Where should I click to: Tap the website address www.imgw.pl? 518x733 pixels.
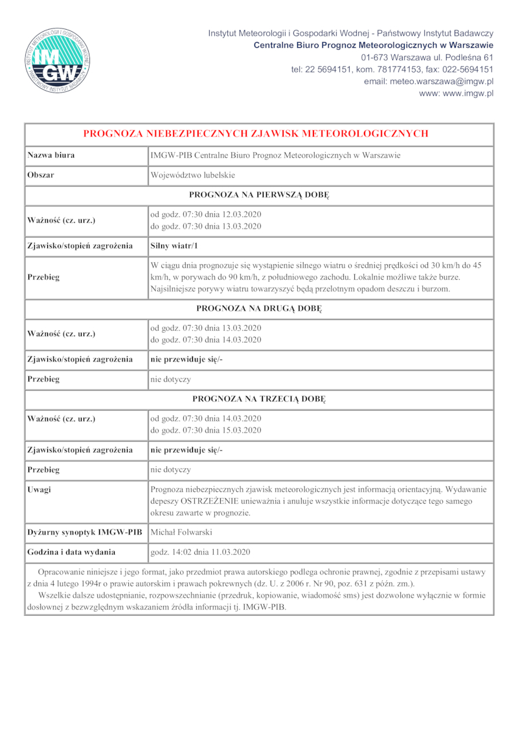click(x=456, y=93)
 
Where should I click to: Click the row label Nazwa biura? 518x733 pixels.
click(x=51, y=155)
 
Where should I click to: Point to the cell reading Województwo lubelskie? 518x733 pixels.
click(x=192, y=175)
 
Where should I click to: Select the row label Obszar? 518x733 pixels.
click(x=40, y=175)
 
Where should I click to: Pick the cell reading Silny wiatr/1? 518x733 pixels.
click(x=174, y=245)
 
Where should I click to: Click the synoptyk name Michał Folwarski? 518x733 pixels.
click(x=183, y=532)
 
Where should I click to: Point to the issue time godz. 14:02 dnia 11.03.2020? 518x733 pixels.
click(x=200, y=552)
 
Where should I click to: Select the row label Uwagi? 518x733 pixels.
click(x=39, y=490)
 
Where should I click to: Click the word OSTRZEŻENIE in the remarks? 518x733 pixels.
click(x=218, y=501)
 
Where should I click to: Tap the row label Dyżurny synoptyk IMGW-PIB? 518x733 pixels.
click(x=84, y=532)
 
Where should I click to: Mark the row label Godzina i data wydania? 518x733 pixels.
click(x=71, y=552)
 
